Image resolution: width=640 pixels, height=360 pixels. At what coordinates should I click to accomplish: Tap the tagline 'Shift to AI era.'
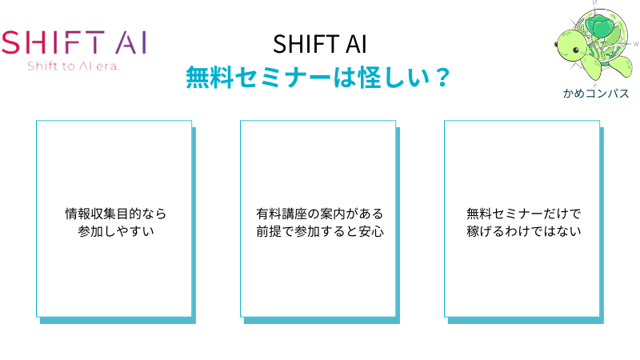pyautogui.click(x=74, y=66)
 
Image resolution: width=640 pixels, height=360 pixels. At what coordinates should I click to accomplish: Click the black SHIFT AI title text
pyautogui.click(x=319, y=44)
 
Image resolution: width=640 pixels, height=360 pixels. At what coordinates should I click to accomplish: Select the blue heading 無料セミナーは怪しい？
pyautogui.click(x=318, y=77)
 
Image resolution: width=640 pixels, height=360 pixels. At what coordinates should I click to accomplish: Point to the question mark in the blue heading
pyautogui.click(x=442, y=77)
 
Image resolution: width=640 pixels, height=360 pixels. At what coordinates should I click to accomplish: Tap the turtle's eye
pyautogui.click(x=576, y=50)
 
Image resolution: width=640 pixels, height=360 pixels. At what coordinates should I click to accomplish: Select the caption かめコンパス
pyautogui.click(x=596, y=94)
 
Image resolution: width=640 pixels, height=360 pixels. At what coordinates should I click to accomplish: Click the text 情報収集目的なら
pyautogui.click(x=116, y=214)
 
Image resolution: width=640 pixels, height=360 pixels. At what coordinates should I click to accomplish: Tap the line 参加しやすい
pyautogui.click(x=116, y=231)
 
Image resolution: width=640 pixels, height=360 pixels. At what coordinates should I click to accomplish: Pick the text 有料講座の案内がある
pyautogui.click(x=319, y=214)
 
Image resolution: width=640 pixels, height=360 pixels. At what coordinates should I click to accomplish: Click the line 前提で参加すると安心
pyautogui.click(x=320, y=231)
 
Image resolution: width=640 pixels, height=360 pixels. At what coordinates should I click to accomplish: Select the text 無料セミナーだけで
pyautogui.click(x=524, y=214)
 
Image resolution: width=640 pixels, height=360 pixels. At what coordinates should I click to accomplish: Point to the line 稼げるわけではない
pyautogui.click(x=524, y=231)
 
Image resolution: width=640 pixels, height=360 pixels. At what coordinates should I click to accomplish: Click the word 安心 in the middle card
pyautogui.click(x=371, y=231)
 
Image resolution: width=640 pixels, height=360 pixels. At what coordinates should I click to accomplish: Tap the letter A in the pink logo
pyautogui.click(x=126, y=42)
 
